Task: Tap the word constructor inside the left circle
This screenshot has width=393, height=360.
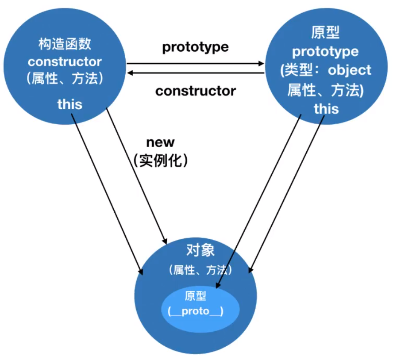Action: pyautogui.click(x=65, y=61)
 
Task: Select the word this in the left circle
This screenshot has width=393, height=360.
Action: pyautogui.click(x=70, y=104)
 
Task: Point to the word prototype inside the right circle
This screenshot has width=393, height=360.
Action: pyautogui.click(x=325, y=52)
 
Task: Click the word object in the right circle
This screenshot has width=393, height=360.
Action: pyautogui.click(x=349, y=71)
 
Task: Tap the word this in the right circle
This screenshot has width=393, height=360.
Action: pyautogui.click(x=326, y=108)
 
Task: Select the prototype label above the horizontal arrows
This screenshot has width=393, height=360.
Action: pyautogui.click(x=195, y=47)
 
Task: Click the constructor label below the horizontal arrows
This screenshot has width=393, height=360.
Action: pyautogui.click(x=196, y=91)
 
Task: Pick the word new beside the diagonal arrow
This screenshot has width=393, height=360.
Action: pyautogui.click(x=160, y=142)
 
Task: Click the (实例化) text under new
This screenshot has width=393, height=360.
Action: pyautogui.click(x=160, y=160)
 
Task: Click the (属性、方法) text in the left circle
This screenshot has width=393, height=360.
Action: pyautogui.click(x=65, y=78)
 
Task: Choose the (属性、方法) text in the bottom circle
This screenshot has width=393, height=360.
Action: pyautogui.click(x=200, y=270)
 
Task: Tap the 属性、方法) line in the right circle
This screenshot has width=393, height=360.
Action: pyautogui.click(x=325, y=90)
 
